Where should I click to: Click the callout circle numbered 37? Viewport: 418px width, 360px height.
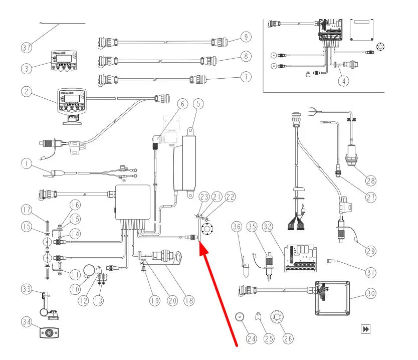[x=27, y=48]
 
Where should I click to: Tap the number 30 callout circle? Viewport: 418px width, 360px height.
[x=371, y=294]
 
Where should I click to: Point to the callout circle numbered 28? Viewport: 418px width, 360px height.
[x=370, y=179]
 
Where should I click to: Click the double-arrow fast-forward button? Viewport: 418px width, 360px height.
[x=366, y=329]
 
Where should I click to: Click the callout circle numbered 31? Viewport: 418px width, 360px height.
[x=371, y=272]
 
